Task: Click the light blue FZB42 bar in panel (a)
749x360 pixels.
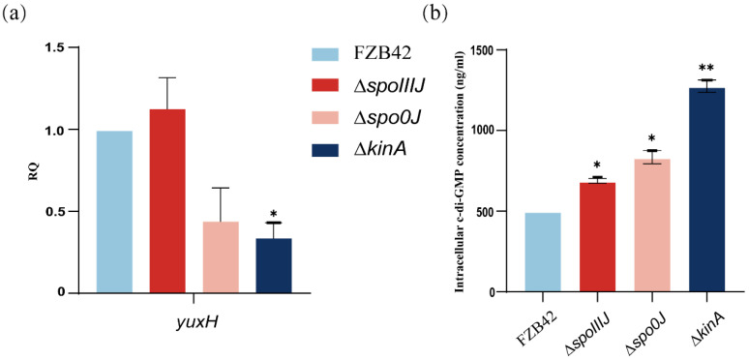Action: tap(114, 211)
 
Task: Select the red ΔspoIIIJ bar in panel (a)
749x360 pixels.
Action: tap(166, 200)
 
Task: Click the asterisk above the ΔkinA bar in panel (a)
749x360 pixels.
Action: tap(275, 213)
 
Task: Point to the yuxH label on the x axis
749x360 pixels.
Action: tap(194, 319)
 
